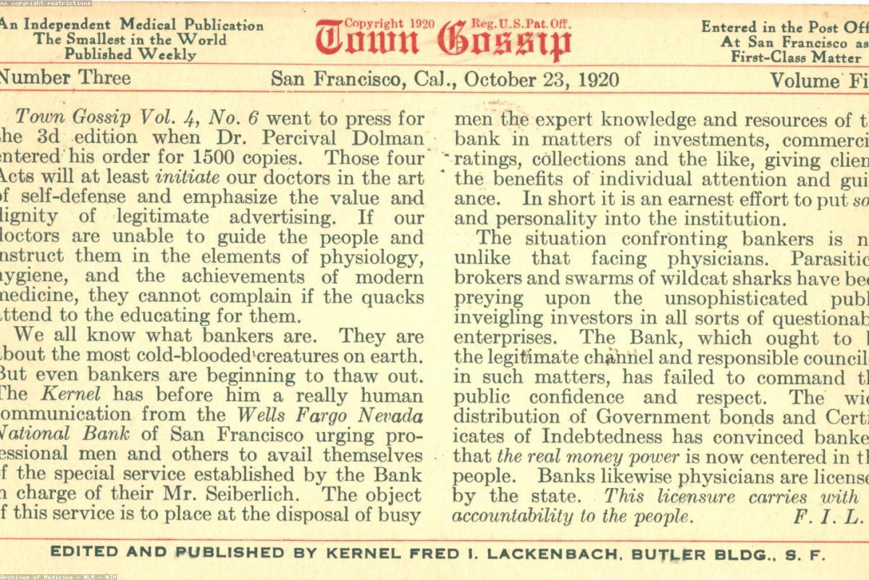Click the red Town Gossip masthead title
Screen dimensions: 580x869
pyautogui.click(x=443, y=42)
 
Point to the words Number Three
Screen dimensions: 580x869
pyautogui.click(x=65, y=78)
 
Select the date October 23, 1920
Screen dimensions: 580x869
pyautogui.click(x=542, y=79)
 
